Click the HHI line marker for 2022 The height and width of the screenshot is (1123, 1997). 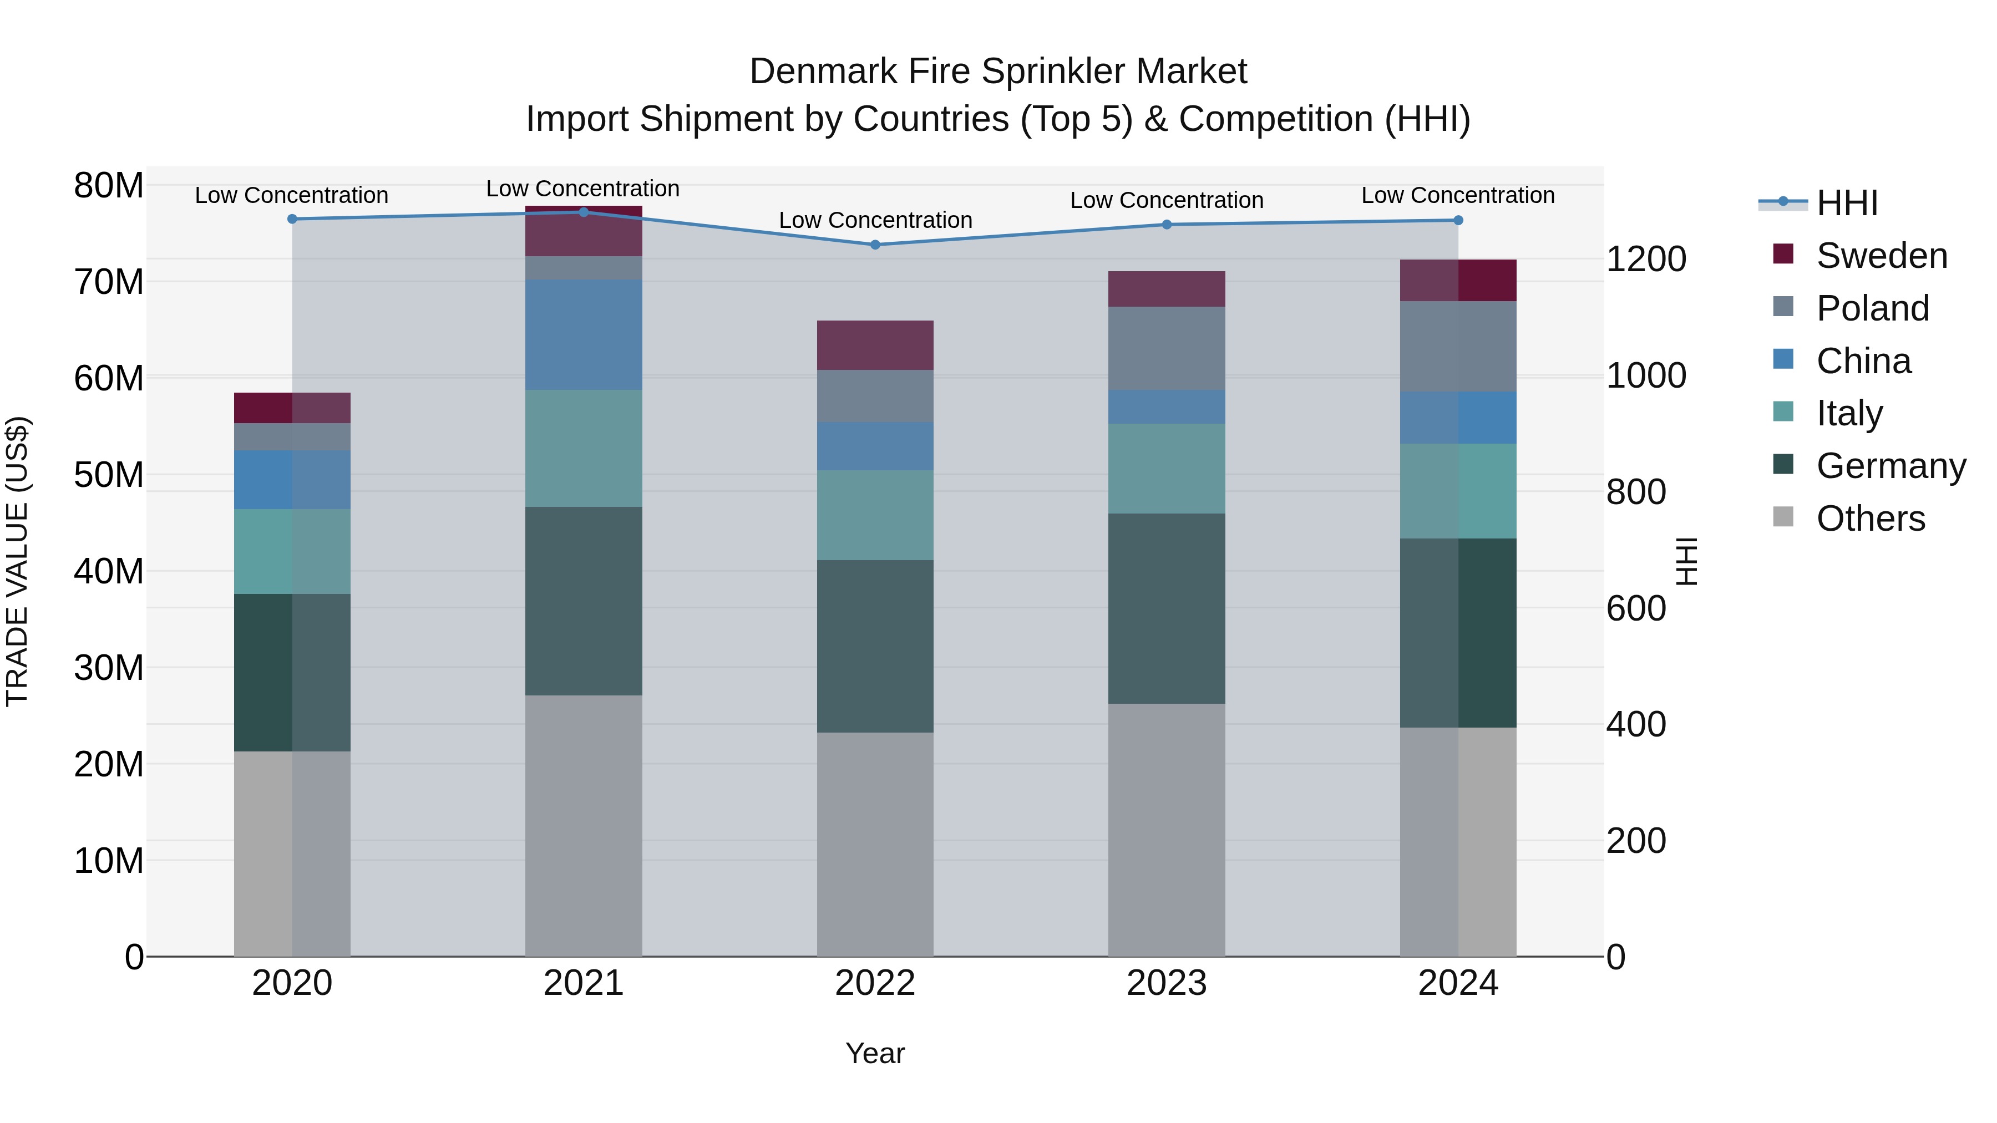click(x=875, y=245)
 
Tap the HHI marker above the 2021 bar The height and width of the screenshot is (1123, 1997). click(x=584, y=212)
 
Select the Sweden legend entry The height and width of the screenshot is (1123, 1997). click(x=1882, y=256)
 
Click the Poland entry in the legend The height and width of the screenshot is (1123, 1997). click(x=1872, y=308)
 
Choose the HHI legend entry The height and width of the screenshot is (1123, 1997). click(x=1847, y=203)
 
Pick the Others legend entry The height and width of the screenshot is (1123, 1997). click(x=1870, y=519)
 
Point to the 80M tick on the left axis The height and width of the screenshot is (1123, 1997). click(x=109, y=186)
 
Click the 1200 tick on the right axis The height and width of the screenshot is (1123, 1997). click(x=1645, y=259)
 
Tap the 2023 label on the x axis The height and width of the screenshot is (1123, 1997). click(x=1166, y=983)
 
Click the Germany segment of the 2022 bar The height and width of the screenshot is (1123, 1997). click(x=875, y=647)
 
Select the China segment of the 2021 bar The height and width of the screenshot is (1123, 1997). click(x=584, y=335)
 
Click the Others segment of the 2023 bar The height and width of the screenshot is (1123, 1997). click(x=1166, y=829)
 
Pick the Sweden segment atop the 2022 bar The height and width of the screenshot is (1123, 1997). click(x=875, y=345)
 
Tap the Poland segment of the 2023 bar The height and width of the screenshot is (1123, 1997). click(x=1166, y=349)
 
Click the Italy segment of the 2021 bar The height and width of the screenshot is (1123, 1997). click(x=584, y=448)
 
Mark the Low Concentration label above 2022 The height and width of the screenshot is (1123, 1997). click(x=875, y=220)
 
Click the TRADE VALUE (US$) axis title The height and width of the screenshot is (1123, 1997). click(x=17, y=561)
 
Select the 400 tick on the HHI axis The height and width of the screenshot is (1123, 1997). click(x=1636, y=725)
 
